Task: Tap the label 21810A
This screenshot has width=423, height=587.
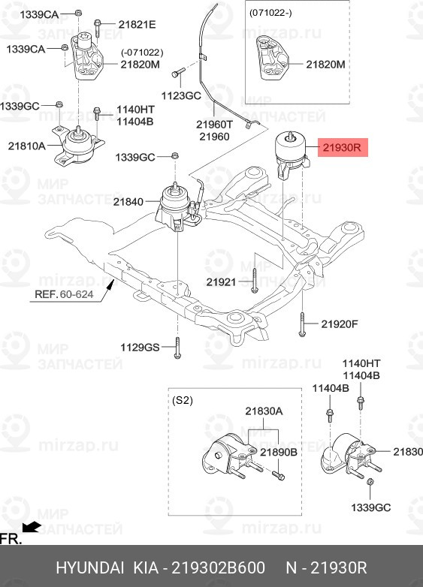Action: (26, 145)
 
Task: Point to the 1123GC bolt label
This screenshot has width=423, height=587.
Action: (181, 95)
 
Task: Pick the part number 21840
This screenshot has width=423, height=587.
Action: (128, 202)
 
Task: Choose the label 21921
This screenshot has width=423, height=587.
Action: (221, 282)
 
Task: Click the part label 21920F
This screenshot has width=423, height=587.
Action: (340, 324)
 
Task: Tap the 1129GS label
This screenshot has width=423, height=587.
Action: (140, 347)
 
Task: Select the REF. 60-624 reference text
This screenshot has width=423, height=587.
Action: (65, 294)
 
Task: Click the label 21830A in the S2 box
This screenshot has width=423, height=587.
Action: (263, 411)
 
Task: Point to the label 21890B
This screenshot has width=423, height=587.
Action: (279, 453)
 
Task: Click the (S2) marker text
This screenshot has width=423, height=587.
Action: (183, 400)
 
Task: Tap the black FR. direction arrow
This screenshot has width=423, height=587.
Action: (32, 527)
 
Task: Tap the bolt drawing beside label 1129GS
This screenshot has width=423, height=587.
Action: (177, 347)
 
